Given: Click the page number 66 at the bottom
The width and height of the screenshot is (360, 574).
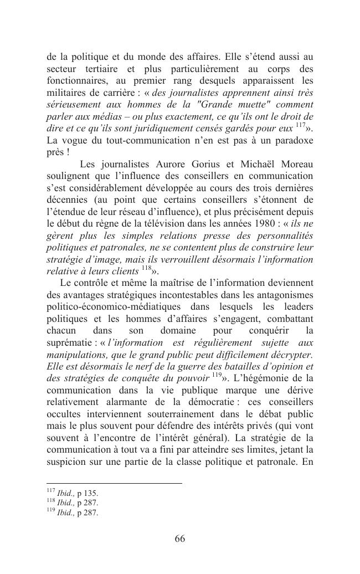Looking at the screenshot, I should (x=179, y=539).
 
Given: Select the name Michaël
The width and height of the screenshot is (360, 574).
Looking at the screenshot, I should (x=254, y=164).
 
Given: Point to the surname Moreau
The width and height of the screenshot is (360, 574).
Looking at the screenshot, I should (x=296, y=164).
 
